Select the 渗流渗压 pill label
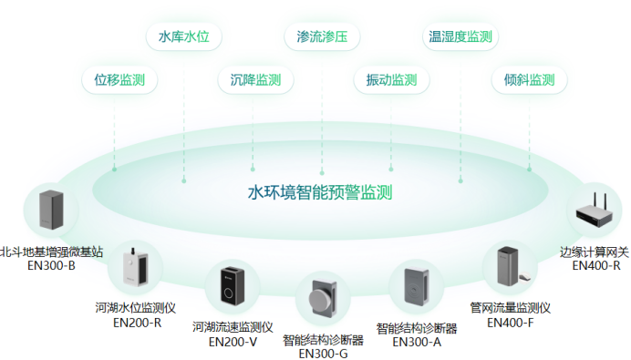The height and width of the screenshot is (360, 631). [x=322, y=37]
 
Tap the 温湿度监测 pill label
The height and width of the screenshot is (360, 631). [x=460, y=37]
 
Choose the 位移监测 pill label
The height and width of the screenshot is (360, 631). [x=119, y=79]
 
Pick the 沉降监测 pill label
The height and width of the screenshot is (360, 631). [x=255, y=79]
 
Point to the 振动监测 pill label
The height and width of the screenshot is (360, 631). [x=391, y=79]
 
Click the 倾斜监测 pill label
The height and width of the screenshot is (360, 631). [x=529, y=79]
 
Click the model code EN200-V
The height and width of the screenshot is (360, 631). [x=233, y=342]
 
